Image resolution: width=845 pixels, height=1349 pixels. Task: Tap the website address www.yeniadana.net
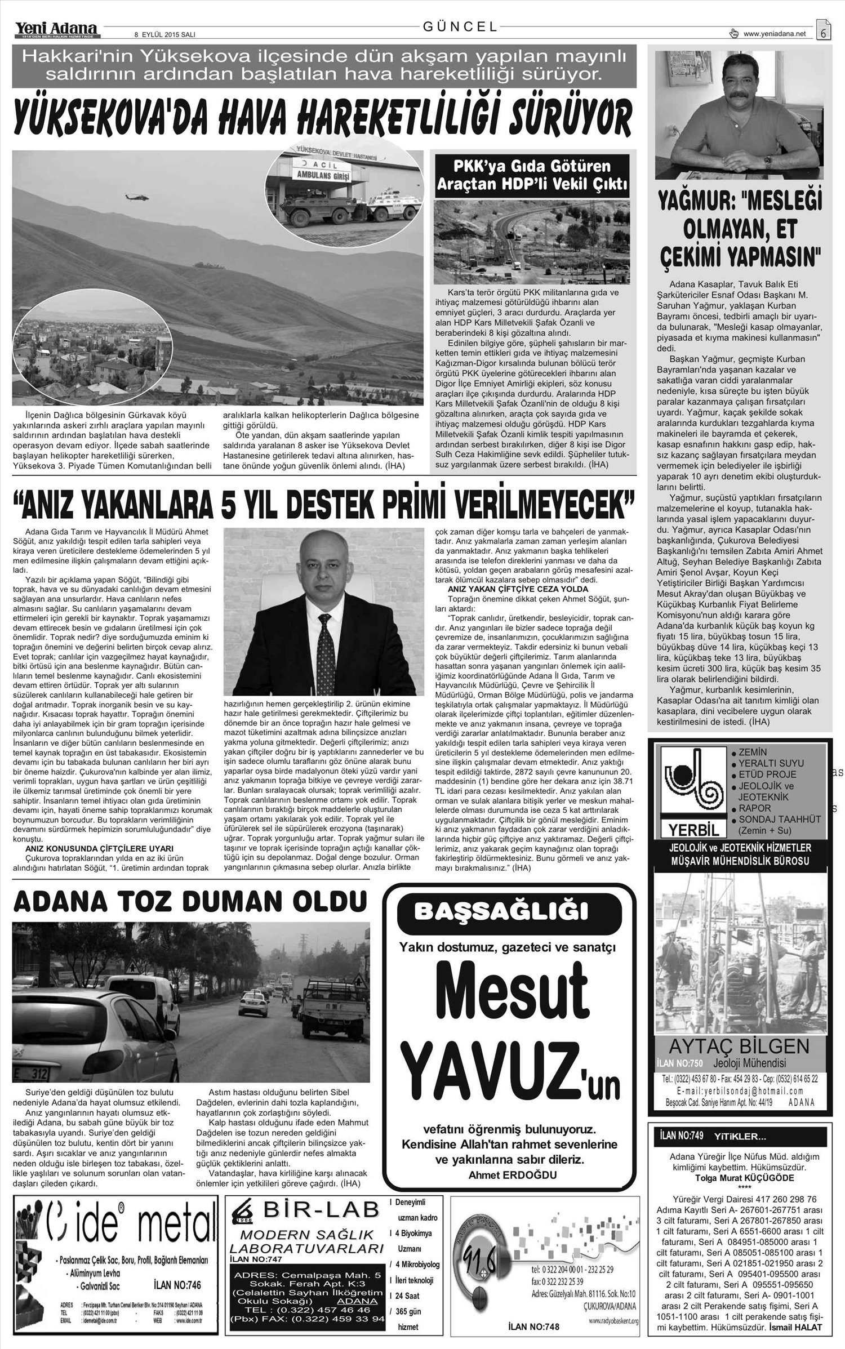pos(775,34)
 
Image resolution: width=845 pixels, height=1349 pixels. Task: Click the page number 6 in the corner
pos(823,33)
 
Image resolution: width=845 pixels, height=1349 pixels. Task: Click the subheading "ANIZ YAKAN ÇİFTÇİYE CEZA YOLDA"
pos(517,589)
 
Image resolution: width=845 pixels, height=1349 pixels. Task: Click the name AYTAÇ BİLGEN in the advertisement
pos(739,1047)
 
